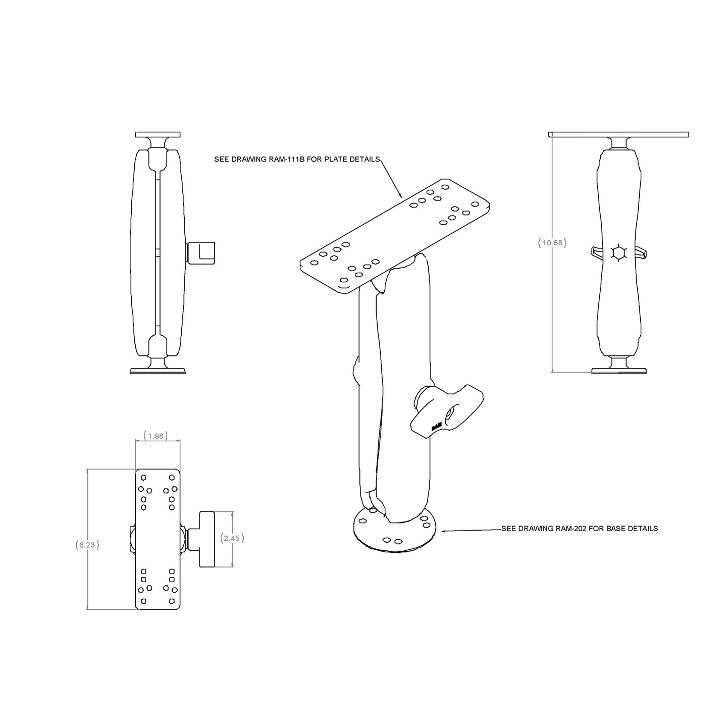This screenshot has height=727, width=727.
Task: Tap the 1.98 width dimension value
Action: tap(155, 436)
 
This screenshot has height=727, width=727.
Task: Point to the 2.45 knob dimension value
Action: tap(232, 538)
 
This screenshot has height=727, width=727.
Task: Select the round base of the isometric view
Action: tap(389, 533)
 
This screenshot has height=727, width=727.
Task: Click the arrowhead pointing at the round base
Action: tap(444, 531)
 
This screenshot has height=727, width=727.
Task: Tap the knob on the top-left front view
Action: tap(202, 253)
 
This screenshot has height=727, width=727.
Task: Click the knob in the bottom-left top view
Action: tap(207, 538)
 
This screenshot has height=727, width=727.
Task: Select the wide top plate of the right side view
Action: tap(618, 134)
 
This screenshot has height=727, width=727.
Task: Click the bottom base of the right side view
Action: tap(619, 371)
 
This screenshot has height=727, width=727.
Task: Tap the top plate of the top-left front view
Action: tap(158, 134)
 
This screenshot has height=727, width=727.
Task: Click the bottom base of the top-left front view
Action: tap(158, 371)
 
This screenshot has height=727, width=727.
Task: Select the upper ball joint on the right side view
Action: tap(619, 143)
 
